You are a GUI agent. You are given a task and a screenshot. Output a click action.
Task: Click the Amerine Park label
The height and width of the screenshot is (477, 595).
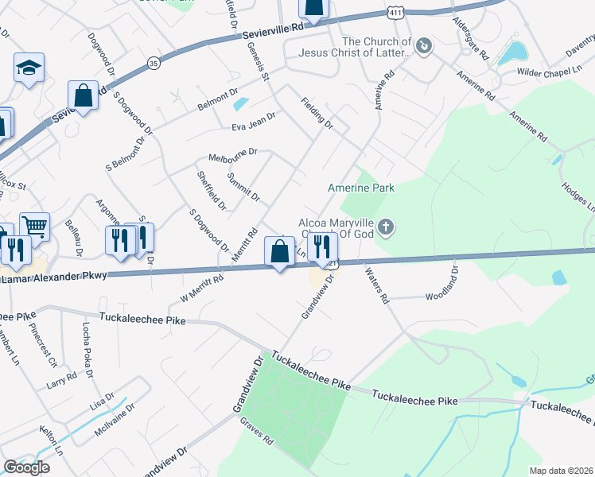(x=361, y=188)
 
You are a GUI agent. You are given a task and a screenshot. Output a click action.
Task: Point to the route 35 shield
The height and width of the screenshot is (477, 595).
(x=154, y=59)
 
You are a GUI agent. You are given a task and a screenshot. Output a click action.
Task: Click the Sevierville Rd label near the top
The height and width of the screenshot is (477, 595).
(x=276, y=28)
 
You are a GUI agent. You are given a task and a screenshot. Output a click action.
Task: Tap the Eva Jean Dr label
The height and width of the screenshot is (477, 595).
(x=253, y=119)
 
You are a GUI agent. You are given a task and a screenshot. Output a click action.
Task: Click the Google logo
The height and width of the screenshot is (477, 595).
(x=26, y=467)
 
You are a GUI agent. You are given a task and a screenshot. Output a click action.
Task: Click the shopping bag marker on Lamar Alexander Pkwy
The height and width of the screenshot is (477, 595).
(x=279, y=252)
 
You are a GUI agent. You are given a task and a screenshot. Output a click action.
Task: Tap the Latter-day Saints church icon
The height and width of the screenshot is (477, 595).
(x=423, y=46)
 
